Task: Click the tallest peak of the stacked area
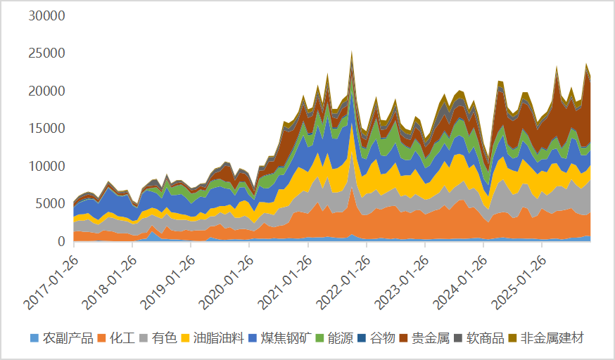tap(352, 53)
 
